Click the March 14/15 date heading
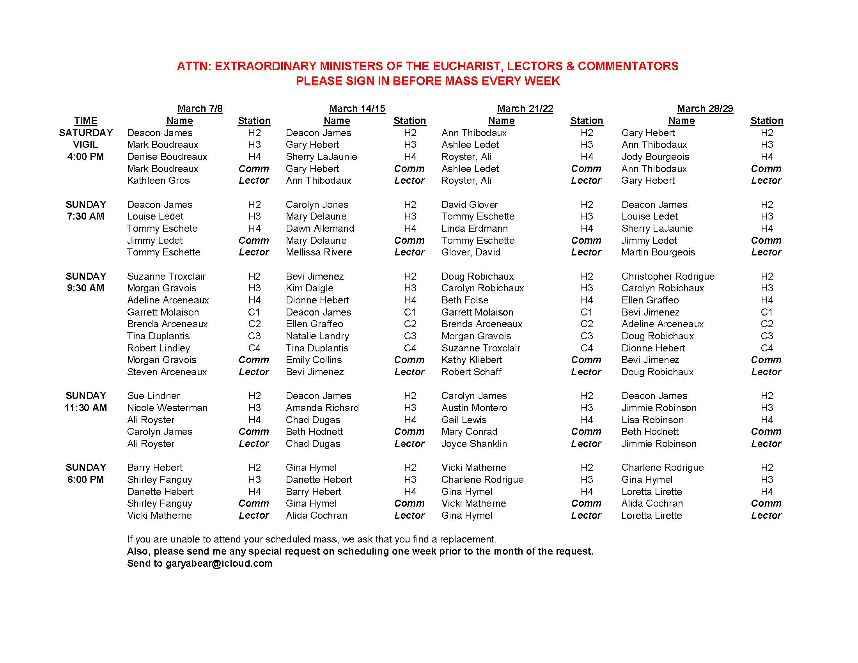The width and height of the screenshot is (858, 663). click(x=357, y=108)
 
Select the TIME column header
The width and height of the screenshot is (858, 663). click(x=86, y=121)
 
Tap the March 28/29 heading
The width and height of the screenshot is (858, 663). click(x=705, y=108)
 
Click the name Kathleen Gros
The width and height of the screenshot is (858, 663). click(x=158, y=180)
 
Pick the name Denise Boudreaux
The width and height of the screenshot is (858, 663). click(x=167, y=156)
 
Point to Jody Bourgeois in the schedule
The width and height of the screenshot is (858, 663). click(x=655, y=156)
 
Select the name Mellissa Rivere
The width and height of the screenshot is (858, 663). click(x=319, y=252)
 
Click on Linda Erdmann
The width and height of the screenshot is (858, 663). click(x=474, y=228)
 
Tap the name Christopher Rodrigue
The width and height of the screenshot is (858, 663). click(x=668, y=276)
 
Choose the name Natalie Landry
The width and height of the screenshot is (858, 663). click(x=317, y=336)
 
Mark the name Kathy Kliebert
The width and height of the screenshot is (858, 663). click(x=472, y=360)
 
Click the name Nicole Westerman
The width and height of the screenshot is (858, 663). click(x=167, y=408)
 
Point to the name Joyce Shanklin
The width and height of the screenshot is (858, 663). click(x=474, y=443)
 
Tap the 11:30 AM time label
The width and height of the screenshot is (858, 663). click(x=86, y=408)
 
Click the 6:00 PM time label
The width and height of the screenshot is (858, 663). click(x=86, y=479)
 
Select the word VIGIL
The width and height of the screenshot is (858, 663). click(x=86, y=145)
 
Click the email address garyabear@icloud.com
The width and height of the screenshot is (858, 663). click(x=218, y=563)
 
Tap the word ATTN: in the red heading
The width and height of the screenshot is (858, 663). click(x=194, y=66)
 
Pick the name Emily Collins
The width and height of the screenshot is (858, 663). click(x=314, y=360)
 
